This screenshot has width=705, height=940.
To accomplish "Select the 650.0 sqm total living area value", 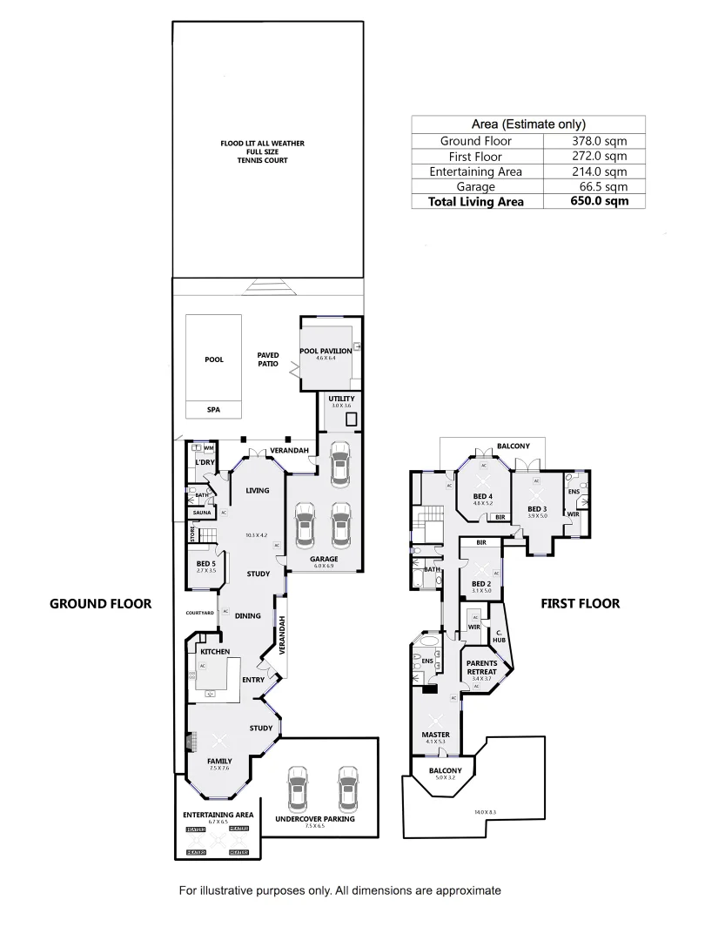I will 596,202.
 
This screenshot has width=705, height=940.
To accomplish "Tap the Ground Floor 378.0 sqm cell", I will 596,141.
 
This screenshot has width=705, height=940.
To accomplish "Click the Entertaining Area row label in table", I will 476,171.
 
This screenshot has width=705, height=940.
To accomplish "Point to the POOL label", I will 213,359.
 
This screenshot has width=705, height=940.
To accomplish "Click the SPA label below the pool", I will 213,410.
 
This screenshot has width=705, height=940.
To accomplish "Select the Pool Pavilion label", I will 326,351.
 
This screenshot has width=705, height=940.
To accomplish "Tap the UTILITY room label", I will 341,399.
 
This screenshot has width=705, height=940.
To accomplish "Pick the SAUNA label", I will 202,513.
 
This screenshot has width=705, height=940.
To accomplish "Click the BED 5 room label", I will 206,564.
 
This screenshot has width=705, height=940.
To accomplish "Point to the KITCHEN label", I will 215,651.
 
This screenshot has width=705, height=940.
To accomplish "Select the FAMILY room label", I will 218,760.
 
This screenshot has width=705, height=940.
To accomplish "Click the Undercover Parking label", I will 315,820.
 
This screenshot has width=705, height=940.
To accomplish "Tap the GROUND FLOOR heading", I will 100,603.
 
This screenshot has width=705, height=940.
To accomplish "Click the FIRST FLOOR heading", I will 581,603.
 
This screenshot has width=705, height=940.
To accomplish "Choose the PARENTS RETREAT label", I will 481,667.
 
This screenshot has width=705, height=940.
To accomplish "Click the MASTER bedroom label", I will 436,735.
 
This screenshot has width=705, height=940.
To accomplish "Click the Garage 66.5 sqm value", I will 596,186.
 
